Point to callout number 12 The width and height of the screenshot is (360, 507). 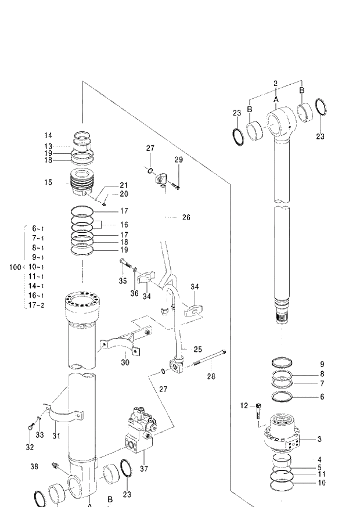pyautogui.click(x=244, y=405)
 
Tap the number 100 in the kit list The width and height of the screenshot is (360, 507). pyautogui.click(x=15, y=267)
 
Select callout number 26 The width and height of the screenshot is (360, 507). pyautogui.click(x=186, y=218)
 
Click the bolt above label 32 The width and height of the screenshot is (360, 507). pyautogui.click(x=30, y=429)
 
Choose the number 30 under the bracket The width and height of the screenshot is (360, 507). pyautogui.click(x=125, y=363)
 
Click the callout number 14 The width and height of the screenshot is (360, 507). pyautogui.click(x=48, y=135)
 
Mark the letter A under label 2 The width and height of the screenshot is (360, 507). pyautogui.click(x=276, y=100)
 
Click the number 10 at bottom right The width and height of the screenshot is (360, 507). pyautogui.click(x=322, y=483)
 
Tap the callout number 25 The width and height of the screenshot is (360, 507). pyautogui.click(x=198, y=350)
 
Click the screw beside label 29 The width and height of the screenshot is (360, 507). pyautogui.click(x=176, y=186)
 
